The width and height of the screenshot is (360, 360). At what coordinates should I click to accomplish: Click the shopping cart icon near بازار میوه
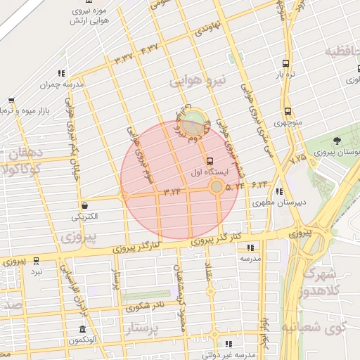[x=11, y=101]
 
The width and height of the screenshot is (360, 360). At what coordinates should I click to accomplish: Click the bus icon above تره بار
[x=285, y=62]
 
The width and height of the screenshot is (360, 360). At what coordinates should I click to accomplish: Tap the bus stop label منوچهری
[x=288, y=122]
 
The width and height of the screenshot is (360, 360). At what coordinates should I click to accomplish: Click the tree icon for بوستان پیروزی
[x=337, y=141]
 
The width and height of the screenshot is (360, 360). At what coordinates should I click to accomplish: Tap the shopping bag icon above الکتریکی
[x=85, y=206]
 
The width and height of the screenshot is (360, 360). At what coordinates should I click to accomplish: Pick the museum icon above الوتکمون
[x=83, y=330]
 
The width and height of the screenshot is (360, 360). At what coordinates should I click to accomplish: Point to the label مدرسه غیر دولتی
[x=233, y=355]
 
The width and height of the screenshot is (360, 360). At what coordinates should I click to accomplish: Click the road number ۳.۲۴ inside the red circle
[x=172, y=191]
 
